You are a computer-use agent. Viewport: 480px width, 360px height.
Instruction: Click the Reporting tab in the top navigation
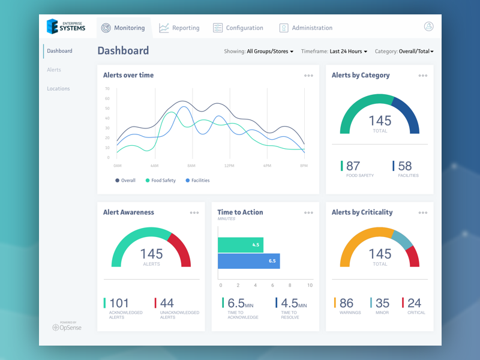[179, 28]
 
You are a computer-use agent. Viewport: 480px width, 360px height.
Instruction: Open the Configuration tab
[238, 28]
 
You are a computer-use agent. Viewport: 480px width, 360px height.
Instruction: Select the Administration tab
[306, 28]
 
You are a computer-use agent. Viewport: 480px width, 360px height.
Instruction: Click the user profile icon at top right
[428, 26]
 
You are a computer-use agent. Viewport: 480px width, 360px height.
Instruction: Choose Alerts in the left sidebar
[54, 70]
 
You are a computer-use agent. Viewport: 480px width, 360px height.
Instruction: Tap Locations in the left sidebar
[58, 89]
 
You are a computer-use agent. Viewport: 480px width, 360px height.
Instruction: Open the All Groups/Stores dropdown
[270, 52]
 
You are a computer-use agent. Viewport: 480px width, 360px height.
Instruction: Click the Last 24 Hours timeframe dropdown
[349, 52]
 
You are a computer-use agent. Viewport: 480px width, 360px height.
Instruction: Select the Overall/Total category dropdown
[416, 52]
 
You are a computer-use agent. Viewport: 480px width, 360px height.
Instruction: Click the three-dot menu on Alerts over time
[308, 76]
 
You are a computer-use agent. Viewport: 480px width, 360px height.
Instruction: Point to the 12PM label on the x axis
[229, 166]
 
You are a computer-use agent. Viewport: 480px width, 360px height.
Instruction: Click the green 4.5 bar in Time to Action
[240, 245]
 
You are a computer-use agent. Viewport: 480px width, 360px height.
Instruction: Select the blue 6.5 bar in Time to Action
[248, 261]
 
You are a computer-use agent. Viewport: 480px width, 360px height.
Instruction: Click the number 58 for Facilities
[405, 166]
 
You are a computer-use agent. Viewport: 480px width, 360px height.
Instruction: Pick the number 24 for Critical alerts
[414, 303]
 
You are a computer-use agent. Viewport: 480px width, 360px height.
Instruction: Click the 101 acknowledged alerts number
[119, 303]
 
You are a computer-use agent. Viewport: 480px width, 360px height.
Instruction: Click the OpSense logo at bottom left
[67, 327]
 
